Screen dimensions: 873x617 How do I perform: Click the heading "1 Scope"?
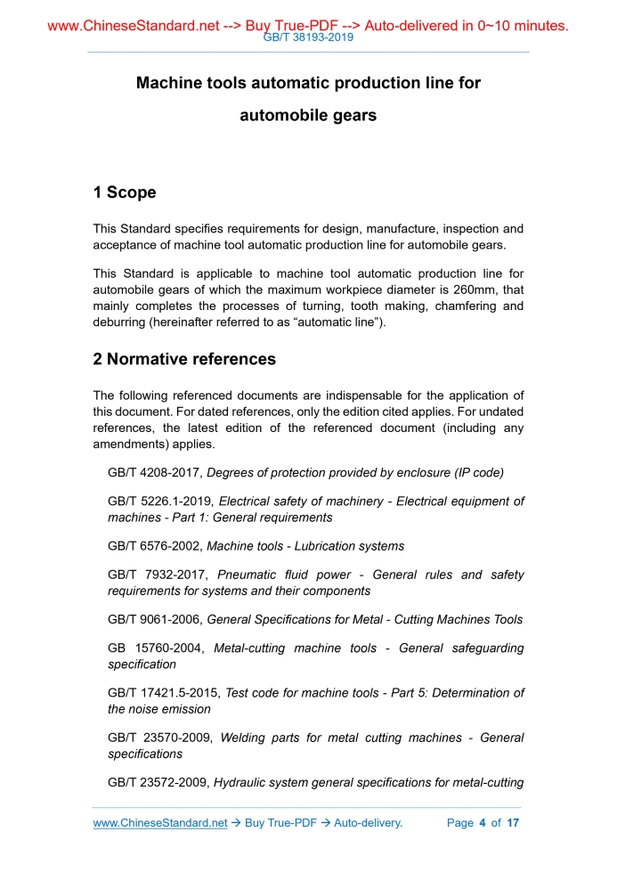(125, 192)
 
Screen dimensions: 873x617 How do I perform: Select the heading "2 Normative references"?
(184, 359)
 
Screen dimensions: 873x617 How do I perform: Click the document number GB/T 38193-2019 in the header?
(308, 38)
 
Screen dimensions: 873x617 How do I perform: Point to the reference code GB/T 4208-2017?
(155, 473)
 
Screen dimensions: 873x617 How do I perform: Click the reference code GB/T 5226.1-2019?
(161, 502)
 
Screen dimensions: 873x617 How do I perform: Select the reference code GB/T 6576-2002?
(155, 546)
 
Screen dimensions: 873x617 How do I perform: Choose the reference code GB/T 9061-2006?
(155, 619)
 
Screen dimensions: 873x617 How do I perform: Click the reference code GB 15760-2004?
(153, 648)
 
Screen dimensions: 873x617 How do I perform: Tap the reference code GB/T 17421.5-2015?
(165, 692)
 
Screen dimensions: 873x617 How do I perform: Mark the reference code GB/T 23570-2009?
(158, 738)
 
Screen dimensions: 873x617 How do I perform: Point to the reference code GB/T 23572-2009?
(158, 783)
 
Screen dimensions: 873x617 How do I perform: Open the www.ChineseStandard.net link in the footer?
(160, 823)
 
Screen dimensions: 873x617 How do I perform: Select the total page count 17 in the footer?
(513, 823)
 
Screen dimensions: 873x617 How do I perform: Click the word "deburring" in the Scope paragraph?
(122, 322)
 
